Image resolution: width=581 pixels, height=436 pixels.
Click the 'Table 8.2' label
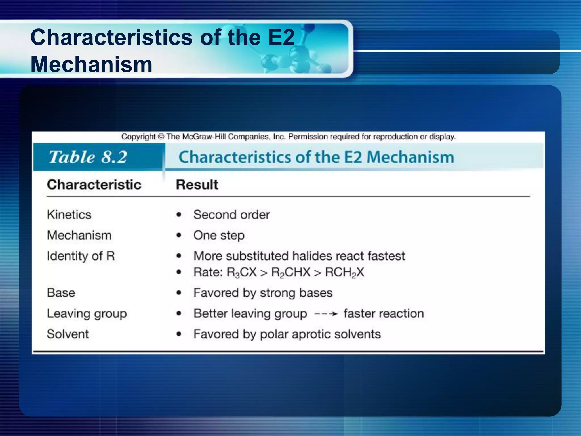pos(88,157)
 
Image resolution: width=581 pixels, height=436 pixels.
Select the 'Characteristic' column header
pos(94,185)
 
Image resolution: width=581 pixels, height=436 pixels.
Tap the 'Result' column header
pos(197,185)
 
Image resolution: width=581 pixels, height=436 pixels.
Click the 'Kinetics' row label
pos(69,215)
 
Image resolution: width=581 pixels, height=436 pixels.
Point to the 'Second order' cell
pos(231,215)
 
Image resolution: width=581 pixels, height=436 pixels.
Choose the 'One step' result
pos(219,235)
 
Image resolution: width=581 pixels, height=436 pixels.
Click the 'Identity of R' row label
pos(81,256)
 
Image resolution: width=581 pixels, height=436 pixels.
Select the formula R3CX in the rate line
pos(241,272)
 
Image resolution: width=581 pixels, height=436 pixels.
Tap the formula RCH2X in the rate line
pos(344,272)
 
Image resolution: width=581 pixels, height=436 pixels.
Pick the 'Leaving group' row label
pos(87,314)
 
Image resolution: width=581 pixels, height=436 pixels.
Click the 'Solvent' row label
pos(68,334)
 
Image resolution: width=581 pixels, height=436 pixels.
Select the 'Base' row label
pos(61,293)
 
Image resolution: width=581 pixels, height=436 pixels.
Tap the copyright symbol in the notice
pos(161,137)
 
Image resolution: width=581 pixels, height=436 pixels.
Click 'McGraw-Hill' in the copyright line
pos(204,137)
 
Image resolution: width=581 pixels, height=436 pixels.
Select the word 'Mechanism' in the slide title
pos(91,64)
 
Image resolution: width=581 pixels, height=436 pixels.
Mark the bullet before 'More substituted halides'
pos(179,256)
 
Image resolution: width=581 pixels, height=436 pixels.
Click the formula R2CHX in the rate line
pos(291,272)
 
